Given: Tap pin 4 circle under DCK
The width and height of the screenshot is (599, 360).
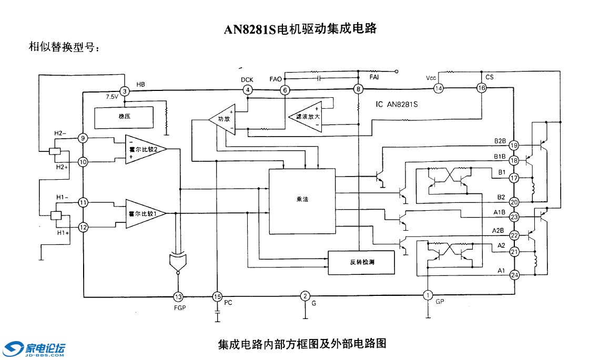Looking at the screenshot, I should (x=247, y=90).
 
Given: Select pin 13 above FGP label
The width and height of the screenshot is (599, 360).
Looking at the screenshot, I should (x=179, y=296).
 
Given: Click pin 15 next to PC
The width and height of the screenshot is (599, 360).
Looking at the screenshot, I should (x=217, y=296).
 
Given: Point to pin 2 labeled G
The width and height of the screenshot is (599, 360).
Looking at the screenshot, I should (x=305, y=296).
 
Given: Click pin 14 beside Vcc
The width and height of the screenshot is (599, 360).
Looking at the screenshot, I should (x=438, y=89).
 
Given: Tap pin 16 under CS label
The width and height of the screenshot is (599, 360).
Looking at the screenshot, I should (x=481, y=88).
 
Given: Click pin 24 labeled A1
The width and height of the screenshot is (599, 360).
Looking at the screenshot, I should (x=514, y=274).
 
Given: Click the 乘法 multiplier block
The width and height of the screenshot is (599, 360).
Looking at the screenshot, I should (x=302, y=201).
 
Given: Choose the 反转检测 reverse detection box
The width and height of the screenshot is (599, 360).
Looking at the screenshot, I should (x=361, y=262).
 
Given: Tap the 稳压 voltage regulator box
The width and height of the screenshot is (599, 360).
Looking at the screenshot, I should (x=124, y=118).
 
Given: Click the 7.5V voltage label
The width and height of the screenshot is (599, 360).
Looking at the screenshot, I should (x=112, y=97).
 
